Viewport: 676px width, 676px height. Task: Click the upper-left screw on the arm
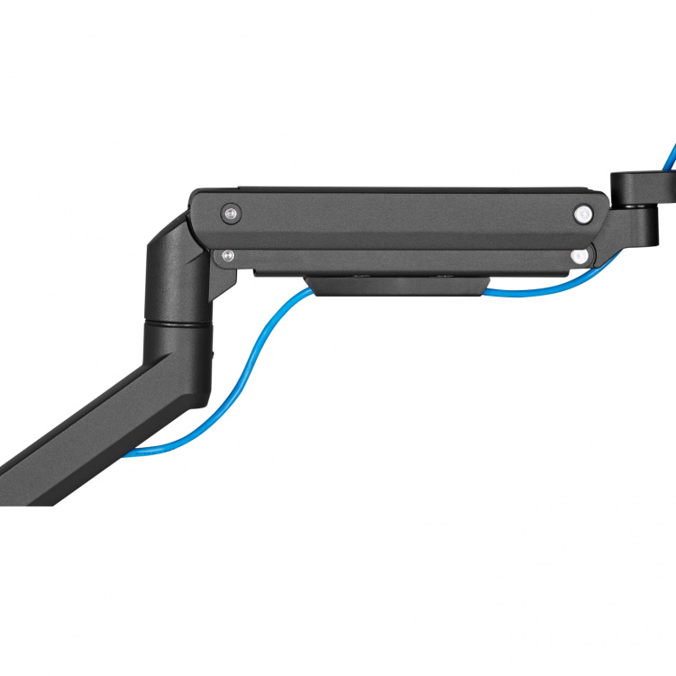[232, 214]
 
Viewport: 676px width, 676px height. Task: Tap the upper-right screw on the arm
[583, 215]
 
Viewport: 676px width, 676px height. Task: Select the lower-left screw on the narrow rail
[227, 256]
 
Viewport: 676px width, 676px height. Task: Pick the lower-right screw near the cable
[577, 256]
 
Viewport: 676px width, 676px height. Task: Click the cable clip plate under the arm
[397, 285]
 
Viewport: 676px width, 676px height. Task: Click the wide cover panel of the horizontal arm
[406, 216]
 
